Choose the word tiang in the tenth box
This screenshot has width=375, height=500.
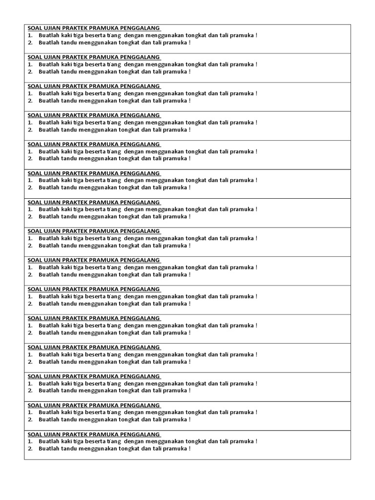click(x=114, y=296)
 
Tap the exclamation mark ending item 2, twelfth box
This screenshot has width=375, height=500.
click(x=189, y=362)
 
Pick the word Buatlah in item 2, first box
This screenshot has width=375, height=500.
click(x=48, y=42)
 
